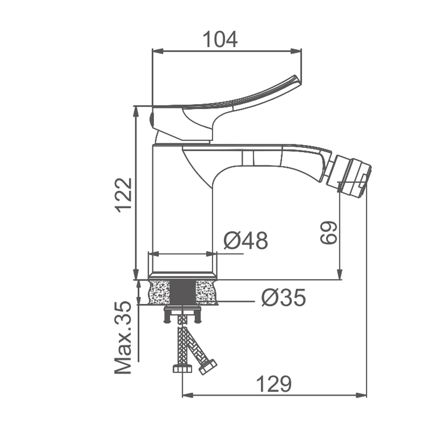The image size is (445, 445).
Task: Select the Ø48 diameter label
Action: (x=246, y=241)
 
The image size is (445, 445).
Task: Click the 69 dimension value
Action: (x=329, y=232)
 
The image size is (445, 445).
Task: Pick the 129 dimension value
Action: (x=274, y=384)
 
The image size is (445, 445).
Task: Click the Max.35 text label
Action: (x=123, y=338)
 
